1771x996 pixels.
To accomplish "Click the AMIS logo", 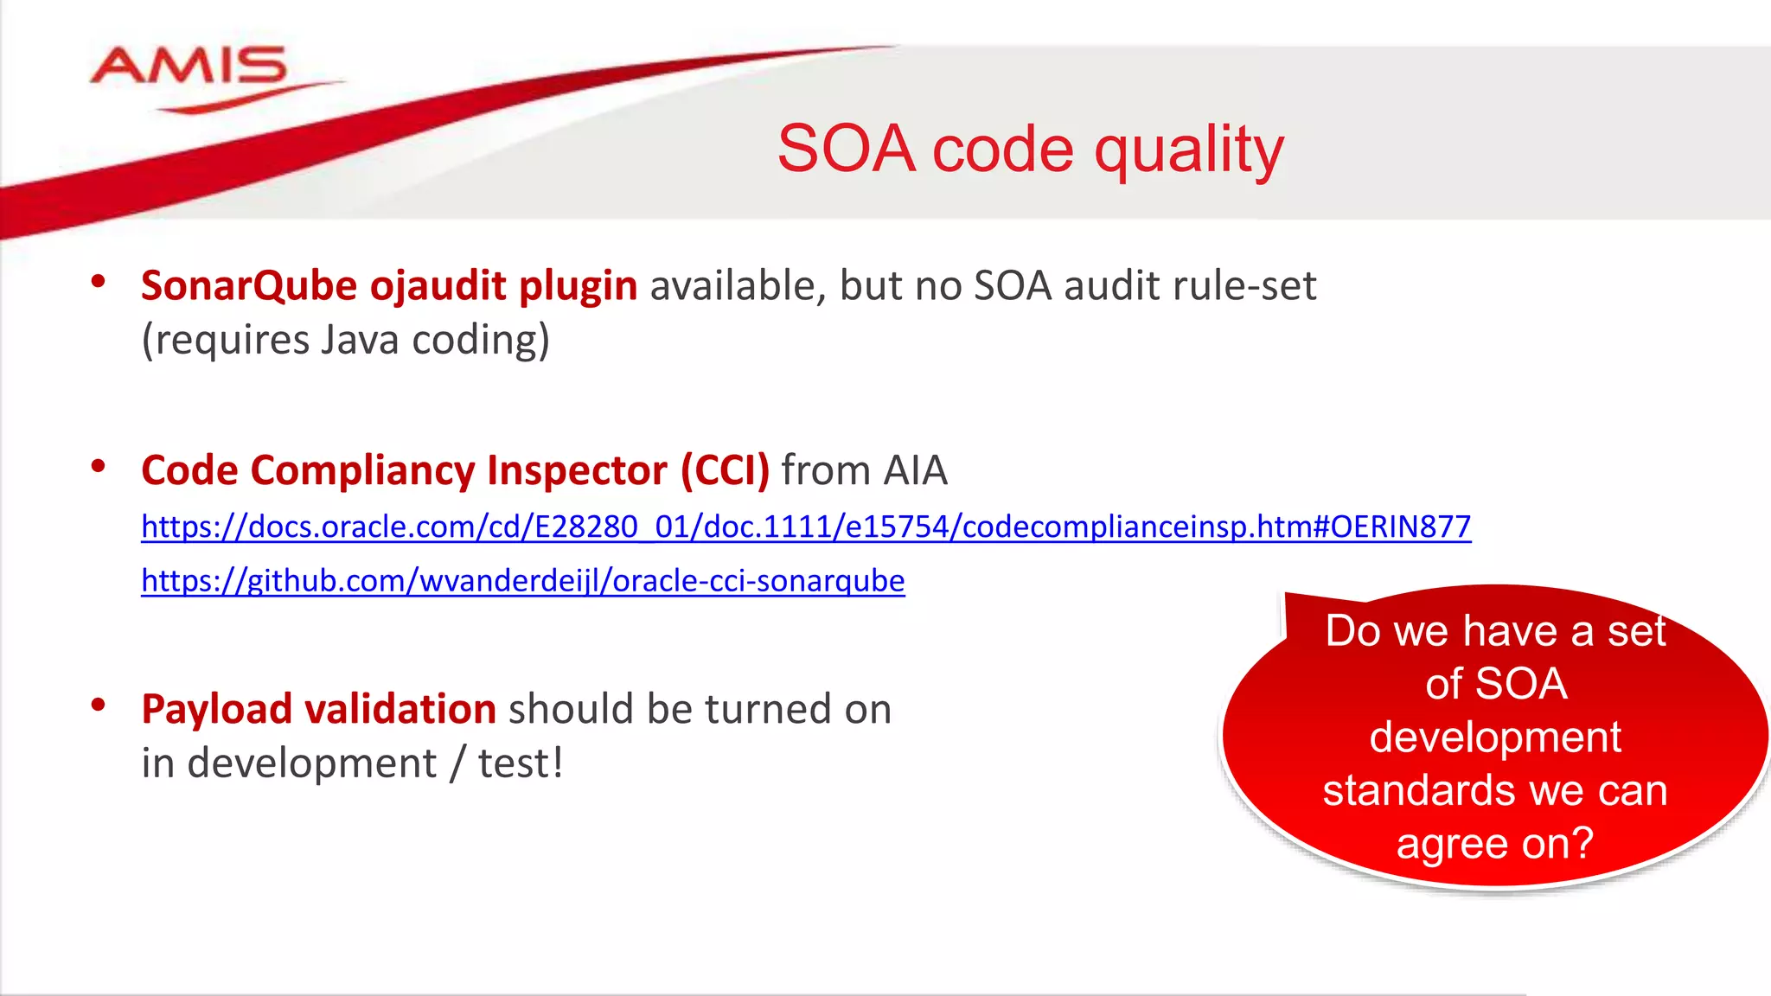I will coord(189,69).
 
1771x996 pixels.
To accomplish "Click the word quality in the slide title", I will coord(1189,150).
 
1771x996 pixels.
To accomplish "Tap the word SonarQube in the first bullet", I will coord(249,286).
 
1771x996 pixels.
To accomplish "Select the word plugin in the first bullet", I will coord(578,286).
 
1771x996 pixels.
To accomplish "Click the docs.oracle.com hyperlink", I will coord(805,527).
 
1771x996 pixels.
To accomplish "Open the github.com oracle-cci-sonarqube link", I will coord(522,581).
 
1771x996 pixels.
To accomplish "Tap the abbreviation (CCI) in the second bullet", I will coord(725,471).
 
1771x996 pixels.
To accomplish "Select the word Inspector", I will coord(577,471).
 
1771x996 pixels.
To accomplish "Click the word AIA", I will coord(914,471).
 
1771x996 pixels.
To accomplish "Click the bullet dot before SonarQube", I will coord(99,281).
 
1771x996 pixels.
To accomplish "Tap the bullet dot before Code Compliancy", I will coord(99,467).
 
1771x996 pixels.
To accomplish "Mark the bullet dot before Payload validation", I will coord(99,705).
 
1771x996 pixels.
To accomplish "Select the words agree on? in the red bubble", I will coord(1494,843).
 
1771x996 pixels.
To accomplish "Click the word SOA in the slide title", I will coord(846,150).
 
